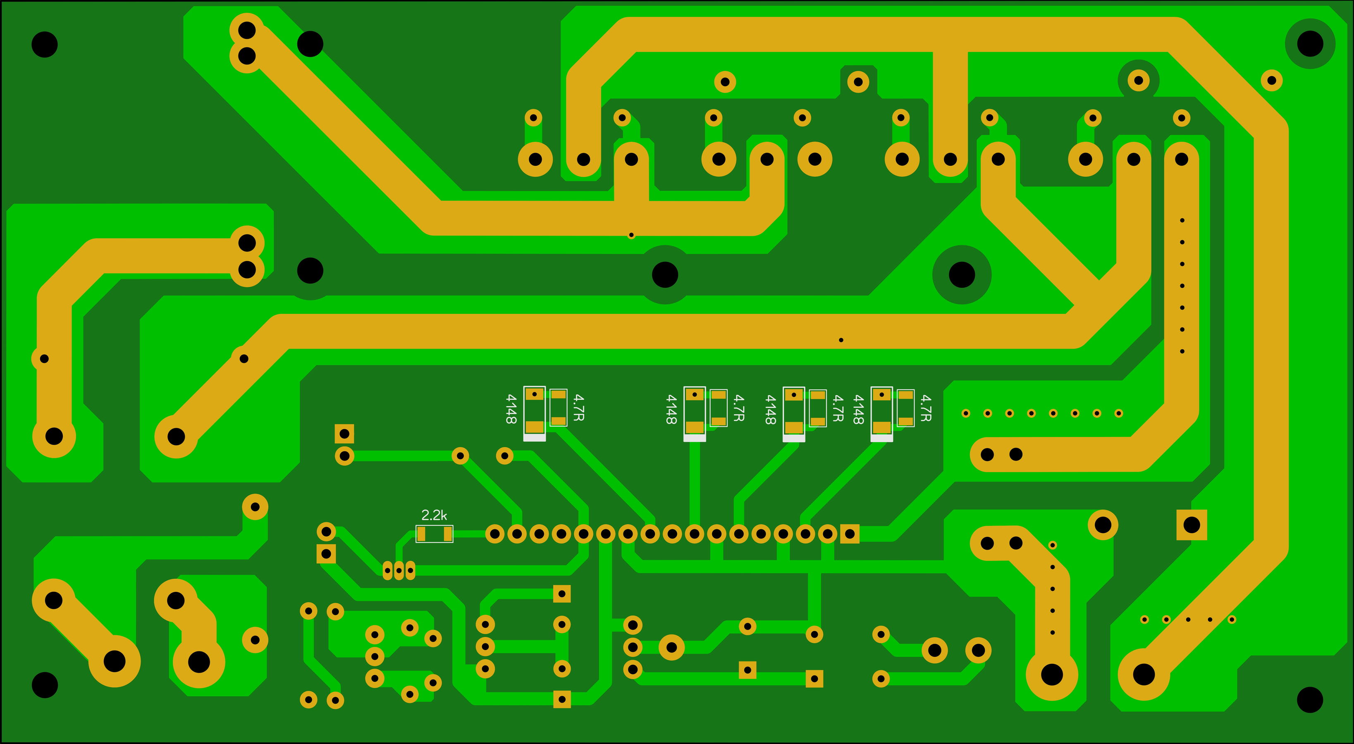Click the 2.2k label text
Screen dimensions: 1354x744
[x=434, y=515]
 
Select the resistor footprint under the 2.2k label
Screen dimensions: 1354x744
[x=434, y=534]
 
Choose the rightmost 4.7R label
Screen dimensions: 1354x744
[x=926, y=408]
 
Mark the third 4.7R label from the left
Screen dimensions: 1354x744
[x=838, y=408]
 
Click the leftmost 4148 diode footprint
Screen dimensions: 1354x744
[x=535, y=413]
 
